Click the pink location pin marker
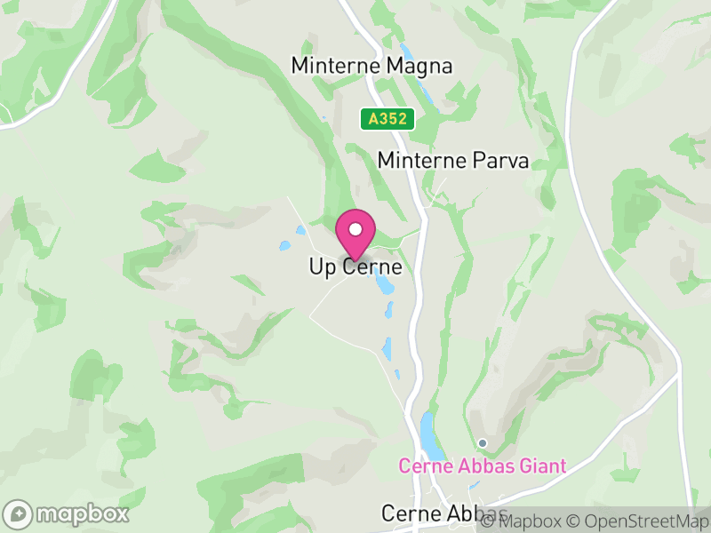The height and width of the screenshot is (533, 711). [355, 235]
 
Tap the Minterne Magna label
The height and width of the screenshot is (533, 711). [371, 66]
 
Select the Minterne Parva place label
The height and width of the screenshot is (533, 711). [453, 161]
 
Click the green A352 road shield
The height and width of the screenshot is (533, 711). [387, 118]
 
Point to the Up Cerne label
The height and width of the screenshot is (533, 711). [355, 266]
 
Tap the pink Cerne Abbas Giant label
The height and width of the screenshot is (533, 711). [483, 466]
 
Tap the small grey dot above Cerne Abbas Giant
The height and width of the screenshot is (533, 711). [483, 442]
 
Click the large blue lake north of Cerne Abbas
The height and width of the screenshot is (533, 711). [429, 433]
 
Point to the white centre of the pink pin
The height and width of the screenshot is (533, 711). [355, 228]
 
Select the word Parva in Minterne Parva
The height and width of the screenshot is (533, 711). [504, 161]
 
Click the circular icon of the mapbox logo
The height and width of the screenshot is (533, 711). [19, 513]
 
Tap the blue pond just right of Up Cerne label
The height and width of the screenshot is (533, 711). [384, 284]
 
